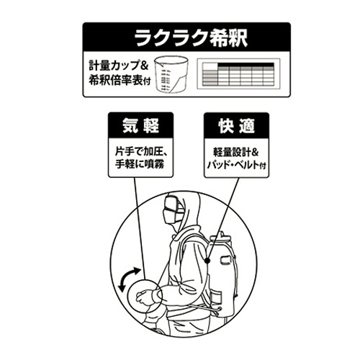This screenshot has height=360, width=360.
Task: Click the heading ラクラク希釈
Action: (x=191, y=37)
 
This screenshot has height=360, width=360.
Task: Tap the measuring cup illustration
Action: (x=171, y=75)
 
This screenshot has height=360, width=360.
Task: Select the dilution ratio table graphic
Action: (x=238, y=73)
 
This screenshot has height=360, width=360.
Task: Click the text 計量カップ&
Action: (x=119, y=66)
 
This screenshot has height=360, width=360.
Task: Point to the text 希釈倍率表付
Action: (x=120, y=80)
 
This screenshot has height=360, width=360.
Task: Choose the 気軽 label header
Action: (x=140, y=125)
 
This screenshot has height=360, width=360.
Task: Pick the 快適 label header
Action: (x=236, y=125)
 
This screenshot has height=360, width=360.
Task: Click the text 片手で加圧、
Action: (x=142, y=152)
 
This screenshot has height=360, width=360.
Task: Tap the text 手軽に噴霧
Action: (x=140, y=164)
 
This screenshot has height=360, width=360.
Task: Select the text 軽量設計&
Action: (x=236, y=152)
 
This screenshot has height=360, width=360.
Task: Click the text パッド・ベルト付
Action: (x=237, y=165)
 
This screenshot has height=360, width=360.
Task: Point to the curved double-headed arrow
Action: (x=129, y=279)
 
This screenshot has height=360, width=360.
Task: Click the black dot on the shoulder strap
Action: (x=208, y=260)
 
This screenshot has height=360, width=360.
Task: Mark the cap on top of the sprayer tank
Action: (x=220, y=236)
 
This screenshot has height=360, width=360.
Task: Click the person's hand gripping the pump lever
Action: (x=144, y=296)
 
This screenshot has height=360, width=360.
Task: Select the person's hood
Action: (x=185, y=211)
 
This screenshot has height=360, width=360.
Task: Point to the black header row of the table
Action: (x=246, y=65)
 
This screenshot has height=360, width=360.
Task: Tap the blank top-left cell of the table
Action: (x=210, y=66)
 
